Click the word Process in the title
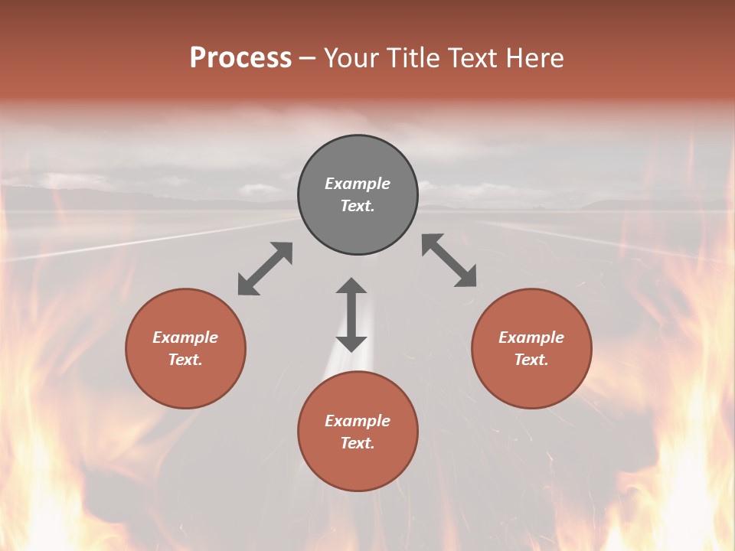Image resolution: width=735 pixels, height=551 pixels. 240,58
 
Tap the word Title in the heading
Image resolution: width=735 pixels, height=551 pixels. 413,58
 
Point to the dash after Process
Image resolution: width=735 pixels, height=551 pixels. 308,59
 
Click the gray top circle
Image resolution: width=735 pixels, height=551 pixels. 358,161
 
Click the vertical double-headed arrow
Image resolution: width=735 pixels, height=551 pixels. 351,315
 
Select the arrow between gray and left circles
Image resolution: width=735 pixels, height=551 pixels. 265,269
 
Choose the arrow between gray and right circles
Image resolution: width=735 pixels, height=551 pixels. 449,261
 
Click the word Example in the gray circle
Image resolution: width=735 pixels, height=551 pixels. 358,184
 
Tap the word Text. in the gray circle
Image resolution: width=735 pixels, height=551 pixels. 358,206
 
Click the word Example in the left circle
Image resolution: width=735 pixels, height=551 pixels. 185,337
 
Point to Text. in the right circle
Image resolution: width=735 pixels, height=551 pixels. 531,360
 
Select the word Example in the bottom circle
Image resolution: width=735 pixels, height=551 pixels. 358,421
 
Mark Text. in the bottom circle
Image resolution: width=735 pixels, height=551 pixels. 358,443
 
